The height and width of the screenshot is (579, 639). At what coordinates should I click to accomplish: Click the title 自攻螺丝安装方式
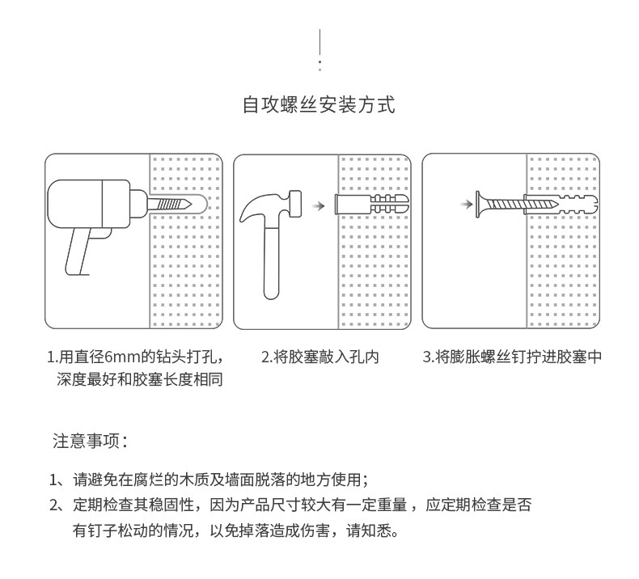click(319, 105)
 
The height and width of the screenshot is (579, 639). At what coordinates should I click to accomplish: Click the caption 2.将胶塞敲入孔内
click(319, 357)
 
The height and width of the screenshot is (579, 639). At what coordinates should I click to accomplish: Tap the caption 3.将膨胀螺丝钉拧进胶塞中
click(513, 357)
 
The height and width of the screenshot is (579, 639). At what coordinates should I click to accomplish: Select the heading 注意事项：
click(90, 442)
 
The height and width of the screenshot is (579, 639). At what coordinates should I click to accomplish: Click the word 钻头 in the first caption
click(169, 357)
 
